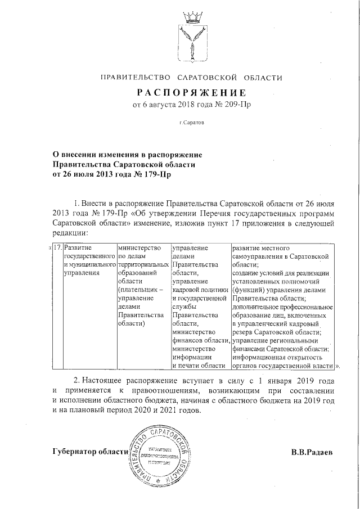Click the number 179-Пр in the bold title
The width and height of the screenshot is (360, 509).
pyautogui.click(x=152, y=174)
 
